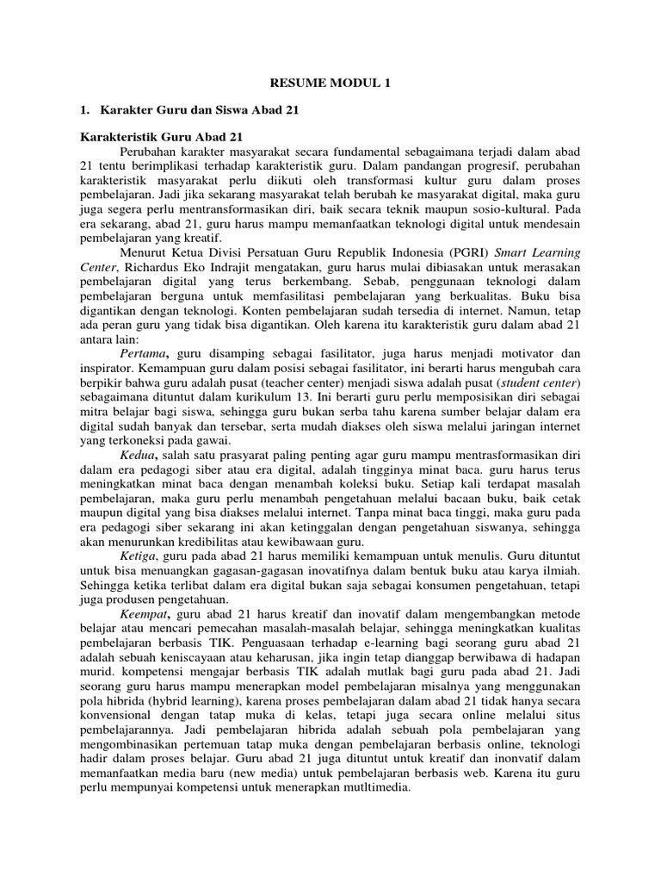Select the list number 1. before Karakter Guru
point(84,110)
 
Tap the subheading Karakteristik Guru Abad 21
point(162,136)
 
